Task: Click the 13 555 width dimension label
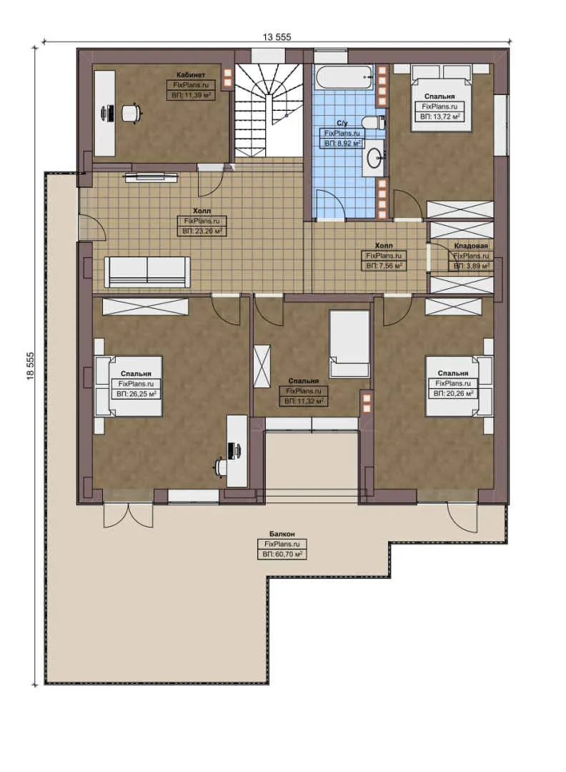click(x=277, y=36)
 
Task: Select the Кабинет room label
click(x=191, y=74)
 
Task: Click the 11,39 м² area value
click(x=191, y=94)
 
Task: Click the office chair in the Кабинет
click(x=129, y=112)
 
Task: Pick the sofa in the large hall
click(x=147, y=272)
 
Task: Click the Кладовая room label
click(x=471, y=246)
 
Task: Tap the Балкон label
click(x=282, y=534)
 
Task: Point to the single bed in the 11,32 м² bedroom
click(x=349, y=343)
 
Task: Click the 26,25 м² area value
click(x=136, y=393)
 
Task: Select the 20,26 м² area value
click(x=454, y=393)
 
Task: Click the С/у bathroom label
click(x=342, y=123)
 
